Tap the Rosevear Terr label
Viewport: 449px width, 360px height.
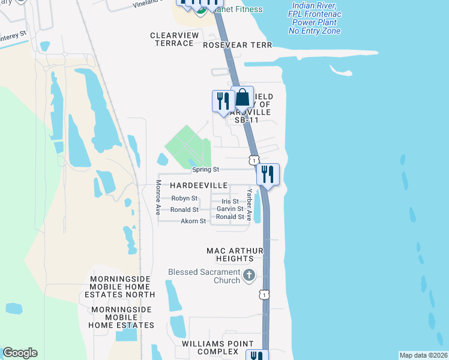point(237,45)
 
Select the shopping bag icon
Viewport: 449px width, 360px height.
point(242,98)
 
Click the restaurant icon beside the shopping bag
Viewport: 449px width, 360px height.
point(223,100)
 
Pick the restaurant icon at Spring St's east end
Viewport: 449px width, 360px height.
point(268,175)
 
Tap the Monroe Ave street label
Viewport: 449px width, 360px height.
point(158,197)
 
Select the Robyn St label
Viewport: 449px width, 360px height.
point(184,198)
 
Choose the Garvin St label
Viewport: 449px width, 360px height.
point(230,209)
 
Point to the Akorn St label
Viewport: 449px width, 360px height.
point(193,221)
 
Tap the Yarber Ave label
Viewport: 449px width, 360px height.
point(249,205)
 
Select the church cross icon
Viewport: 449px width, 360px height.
point(249,277)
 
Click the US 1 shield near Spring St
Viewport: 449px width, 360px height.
point(255,160)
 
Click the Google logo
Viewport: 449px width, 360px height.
point(20,353)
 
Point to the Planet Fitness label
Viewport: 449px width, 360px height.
point(235,9)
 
